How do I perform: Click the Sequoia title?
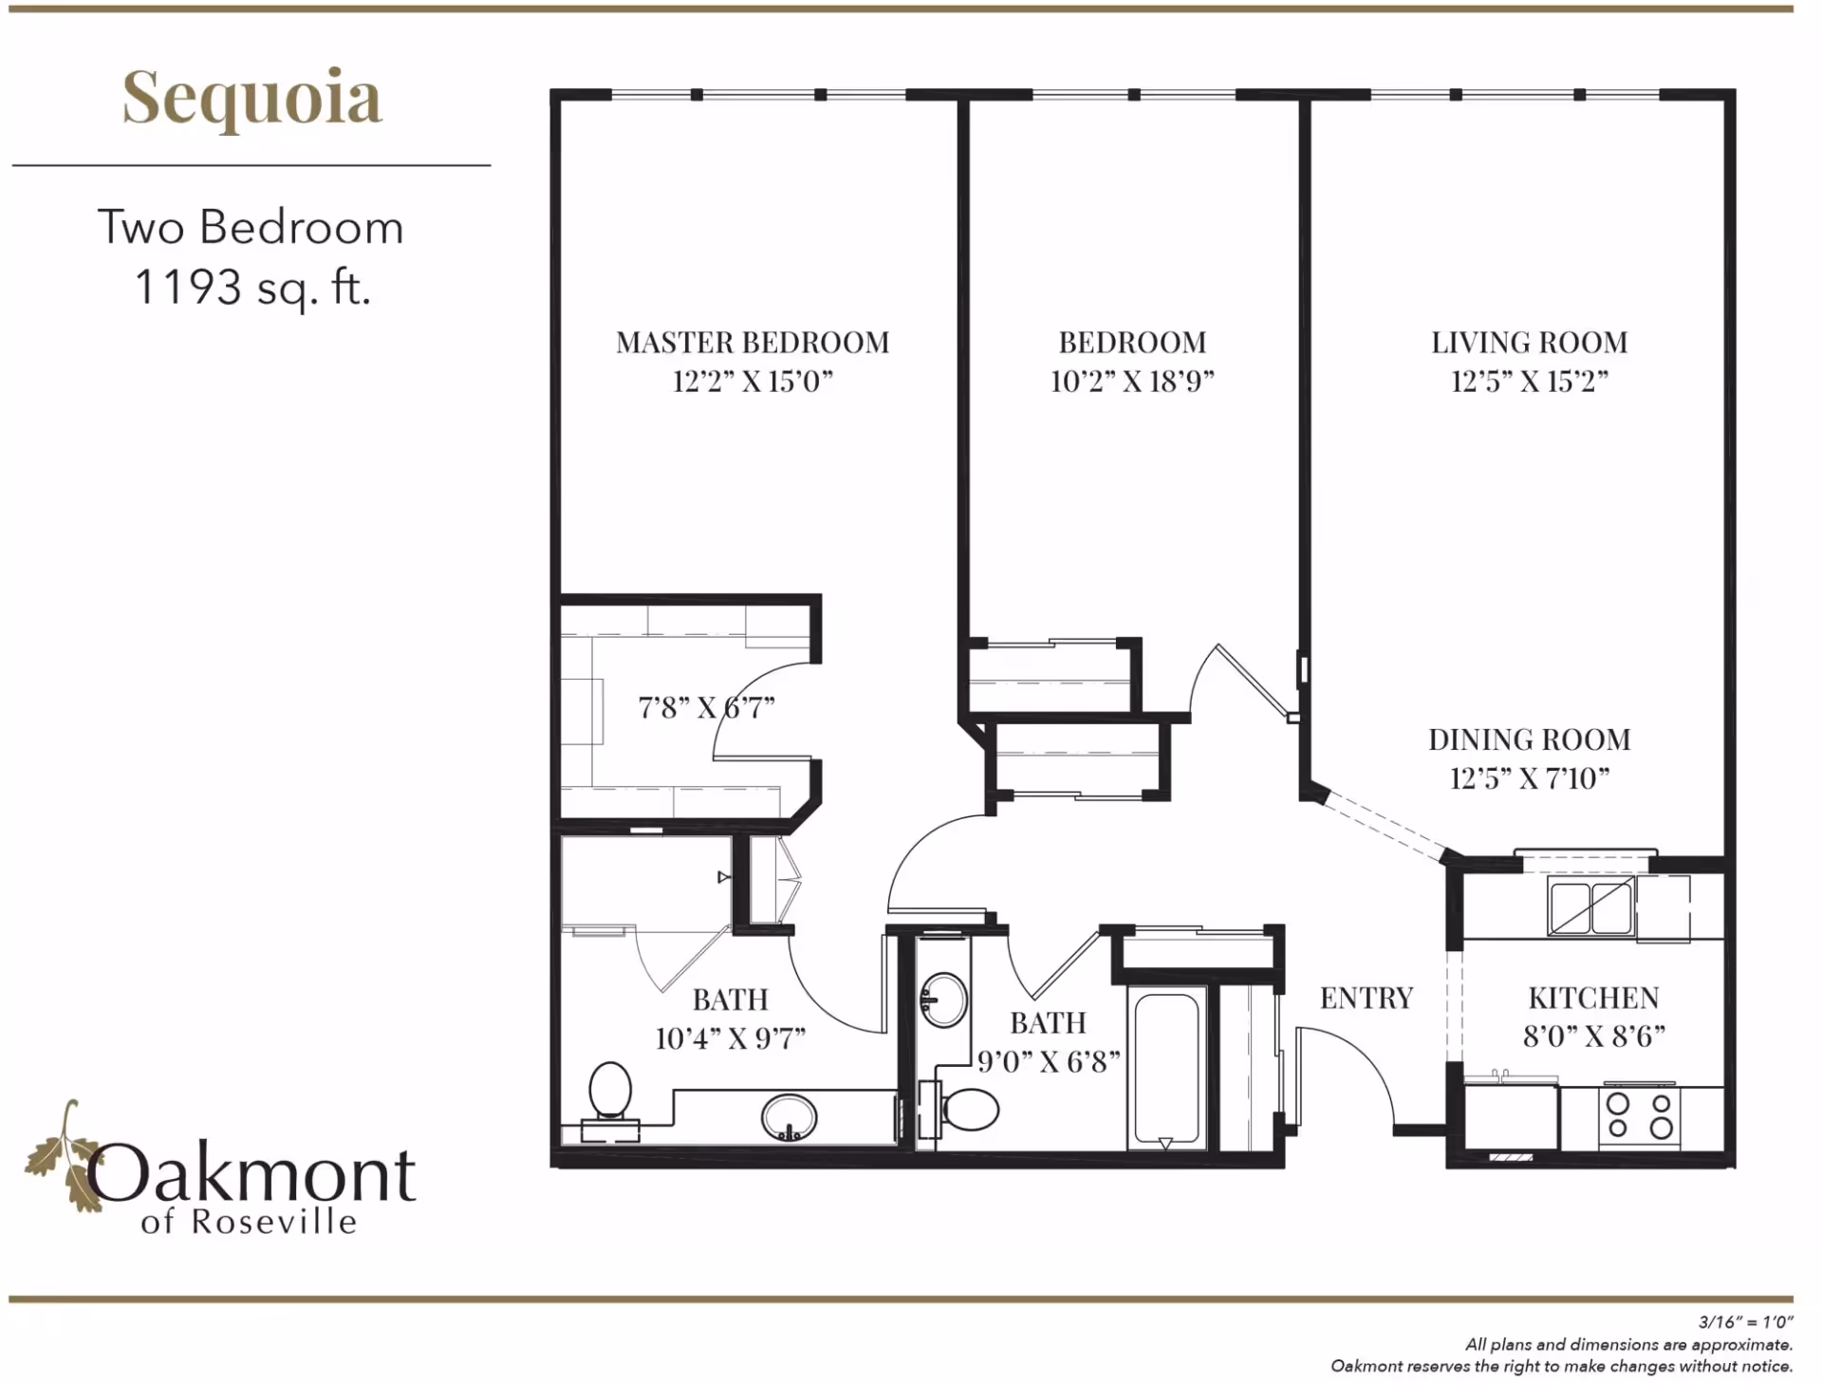(x=252, y=99)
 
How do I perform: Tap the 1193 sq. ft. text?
(x=252, y=287)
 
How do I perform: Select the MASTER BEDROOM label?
(x=753, y=342)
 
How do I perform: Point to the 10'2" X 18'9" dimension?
(x=1132, y=382)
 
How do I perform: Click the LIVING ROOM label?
(x=1530, y=342)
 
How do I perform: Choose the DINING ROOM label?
(x=1530, y=739)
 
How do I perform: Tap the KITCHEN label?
(x=1593, y=998)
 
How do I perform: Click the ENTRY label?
(x=1366, y=998)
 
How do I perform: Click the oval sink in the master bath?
(x=789, y=1117)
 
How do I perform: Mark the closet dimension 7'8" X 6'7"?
(x=706, y=707)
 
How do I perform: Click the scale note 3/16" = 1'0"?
(x=1744, y=1321)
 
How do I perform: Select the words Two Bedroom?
(x=251, y=228)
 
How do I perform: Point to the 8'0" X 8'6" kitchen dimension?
(x=1593, y=1036)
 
